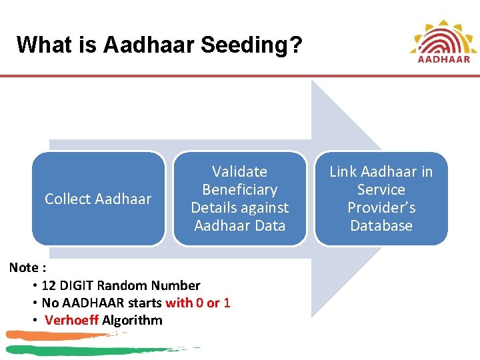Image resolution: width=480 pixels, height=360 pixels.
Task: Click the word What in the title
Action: [x=41, y=45]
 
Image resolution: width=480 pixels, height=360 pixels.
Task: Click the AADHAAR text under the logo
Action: [x=443, y=59]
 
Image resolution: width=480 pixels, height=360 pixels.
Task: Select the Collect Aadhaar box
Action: [x=98, y=199]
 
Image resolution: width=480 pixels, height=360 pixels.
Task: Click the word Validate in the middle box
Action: [x=239, y=172]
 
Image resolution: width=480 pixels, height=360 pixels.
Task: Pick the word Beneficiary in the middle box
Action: [x=239, y=190]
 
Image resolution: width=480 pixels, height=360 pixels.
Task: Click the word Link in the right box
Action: [x=345, y=172]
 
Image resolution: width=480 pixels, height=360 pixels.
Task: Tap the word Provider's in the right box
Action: [x=381, y=208]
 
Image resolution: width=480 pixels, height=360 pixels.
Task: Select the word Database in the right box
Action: [x=381, y=226]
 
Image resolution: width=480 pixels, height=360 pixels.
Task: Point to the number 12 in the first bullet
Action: [x=49, y=285]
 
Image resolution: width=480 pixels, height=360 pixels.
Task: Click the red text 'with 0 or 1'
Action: [x=198, y=303]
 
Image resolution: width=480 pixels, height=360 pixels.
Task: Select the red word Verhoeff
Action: [x=71, y=320]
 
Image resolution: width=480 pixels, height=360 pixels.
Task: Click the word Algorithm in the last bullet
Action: [x=132, y=320]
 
